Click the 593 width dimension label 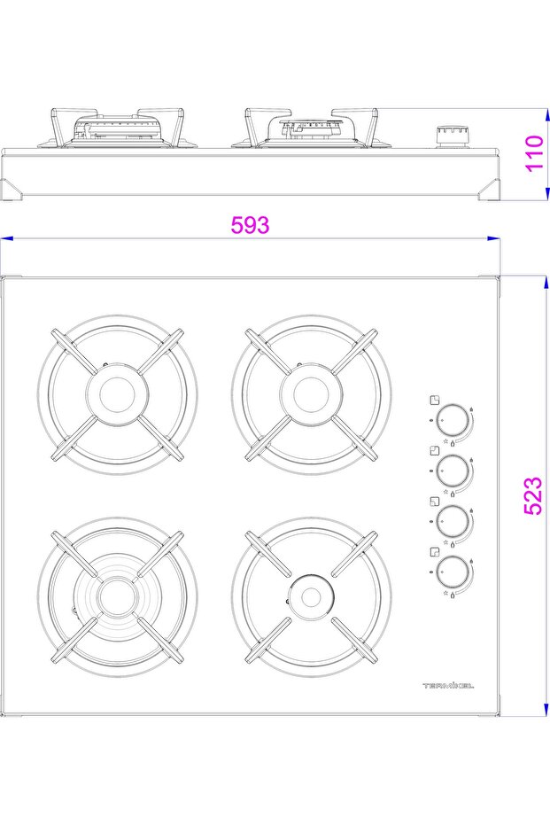click(x=250, y=225)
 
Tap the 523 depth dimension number click(x=532, y=495)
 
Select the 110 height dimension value click(x=534, y=152)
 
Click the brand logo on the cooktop click(x=448, y=686)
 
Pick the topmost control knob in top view click(x=453, y=420)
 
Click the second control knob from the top click(x=453, y=470)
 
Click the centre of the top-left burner click(x=117, y=394)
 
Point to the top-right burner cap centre click(x=311, y=394)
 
